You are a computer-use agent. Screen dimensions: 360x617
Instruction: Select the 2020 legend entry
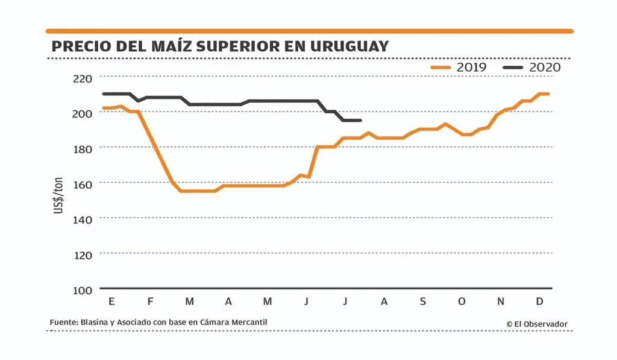pos(531,67)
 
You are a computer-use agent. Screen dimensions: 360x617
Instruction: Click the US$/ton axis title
pos(59,194)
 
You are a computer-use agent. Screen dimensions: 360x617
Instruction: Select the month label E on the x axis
pos(111,302)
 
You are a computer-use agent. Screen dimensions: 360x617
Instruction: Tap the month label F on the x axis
pos(150,302)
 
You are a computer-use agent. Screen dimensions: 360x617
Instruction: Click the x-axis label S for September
pos(422,302)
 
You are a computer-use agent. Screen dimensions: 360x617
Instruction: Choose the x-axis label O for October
pos(462,302)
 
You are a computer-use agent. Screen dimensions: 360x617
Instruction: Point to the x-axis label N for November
pos(501,302)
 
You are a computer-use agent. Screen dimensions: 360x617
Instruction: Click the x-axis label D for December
pos(540,302)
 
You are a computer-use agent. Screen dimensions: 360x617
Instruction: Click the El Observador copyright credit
pos(537,324)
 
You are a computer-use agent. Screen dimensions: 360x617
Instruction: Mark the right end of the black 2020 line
pos(360,121)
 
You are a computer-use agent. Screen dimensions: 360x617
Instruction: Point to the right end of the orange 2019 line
pos(548,93)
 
